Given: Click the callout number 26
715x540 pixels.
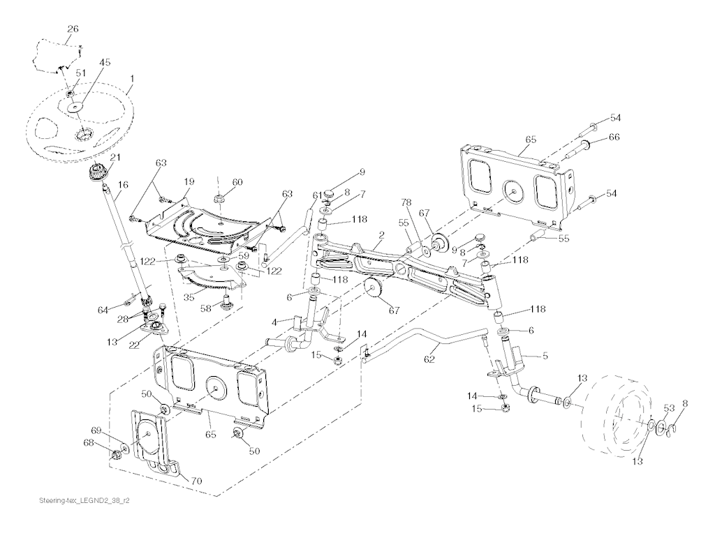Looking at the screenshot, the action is coord(73,29).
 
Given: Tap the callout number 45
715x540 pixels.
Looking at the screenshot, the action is coord(105,63).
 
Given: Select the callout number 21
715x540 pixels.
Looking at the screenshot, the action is coord(115,158).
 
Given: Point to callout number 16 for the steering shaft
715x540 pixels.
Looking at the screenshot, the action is coord(123,185).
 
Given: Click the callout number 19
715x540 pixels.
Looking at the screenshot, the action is coord(189,182).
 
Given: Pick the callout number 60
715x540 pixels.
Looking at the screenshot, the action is coord(237,182).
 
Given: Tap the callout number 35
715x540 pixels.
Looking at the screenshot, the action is coord(189,297).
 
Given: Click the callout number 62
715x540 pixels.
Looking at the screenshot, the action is coord(429,359).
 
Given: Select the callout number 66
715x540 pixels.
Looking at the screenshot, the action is coord(614,137).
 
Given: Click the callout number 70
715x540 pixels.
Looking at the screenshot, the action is coord(196,480).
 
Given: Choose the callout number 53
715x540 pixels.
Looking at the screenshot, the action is coord(668,408).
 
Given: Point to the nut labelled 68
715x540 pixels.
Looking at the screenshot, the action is coord(116,454).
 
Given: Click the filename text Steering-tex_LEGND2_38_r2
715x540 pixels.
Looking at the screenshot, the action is coord(84,500).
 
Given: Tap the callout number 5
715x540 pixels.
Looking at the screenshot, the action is coord(545,356).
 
